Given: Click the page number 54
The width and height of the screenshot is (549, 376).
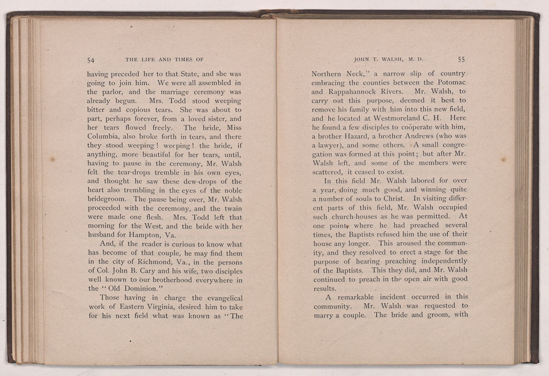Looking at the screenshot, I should coord(91,60).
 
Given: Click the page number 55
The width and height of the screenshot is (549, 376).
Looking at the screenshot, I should coord(461,60).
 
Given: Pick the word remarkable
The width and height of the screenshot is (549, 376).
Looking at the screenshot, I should coord(355,297).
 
